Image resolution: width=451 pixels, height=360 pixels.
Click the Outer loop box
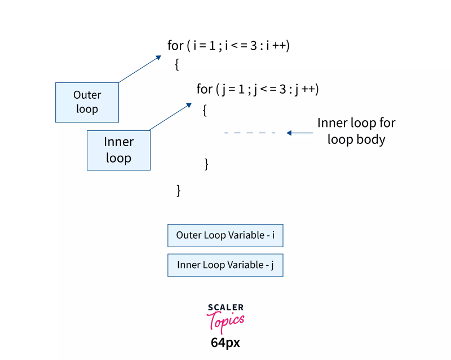point(87,102)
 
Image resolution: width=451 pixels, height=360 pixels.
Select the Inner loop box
point(118,150)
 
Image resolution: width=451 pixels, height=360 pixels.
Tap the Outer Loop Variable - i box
point(225,235)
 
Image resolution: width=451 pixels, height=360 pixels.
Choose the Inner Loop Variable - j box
point(225,265)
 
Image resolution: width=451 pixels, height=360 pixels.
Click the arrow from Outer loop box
point(140,69)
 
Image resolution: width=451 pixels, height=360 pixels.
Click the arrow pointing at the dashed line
point(299,133)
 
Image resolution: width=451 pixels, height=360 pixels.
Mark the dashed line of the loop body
point(250,133)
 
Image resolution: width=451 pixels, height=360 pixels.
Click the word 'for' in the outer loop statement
point(175,46)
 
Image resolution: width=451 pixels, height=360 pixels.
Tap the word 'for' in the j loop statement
point(204,89)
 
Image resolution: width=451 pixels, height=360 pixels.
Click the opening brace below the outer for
point(177,65)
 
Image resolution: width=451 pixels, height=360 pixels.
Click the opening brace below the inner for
point(205,110)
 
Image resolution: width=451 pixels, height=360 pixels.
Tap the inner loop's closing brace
point(206,164)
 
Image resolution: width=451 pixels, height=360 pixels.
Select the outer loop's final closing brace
point(179,190)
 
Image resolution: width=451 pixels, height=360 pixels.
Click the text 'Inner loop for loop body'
point(356,131)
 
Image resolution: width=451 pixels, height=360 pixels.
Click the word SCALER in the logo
point(225,308)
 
